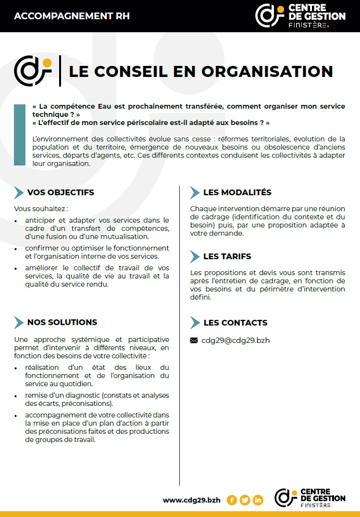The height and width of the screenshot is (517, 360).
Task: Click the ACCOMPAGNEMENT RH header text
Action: coord(72,16)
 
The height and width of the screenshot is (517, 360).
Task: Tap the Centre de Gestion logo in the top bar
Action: coord(300,15)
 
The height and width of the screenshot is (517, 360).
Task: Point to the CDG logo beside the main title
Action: coord(33,70)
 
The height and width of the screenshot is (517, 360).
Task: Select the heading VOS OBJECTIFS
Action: coord(61,192)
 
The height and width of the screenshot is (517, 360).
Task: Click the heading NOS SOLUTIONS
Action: coord(62,322)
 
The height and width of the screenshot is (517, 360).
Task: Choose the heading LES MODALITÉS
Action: coord(237,192)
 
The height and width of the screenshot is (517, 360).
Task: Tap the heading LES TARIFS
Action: coord(227,256)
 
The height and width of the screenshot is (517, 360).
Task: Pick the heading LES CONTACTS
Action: coord(235,323)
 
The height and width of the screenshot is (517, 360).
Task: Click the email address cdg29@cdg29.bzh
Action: coord(236,340)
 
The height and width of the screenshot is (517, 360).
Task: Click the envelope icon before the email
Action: coord(194,340)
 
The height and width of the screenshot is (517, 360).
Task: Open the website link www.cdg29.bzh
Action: coord(191,500)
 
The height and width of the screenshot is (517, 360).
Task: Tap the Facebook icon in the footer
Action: coord(232,500)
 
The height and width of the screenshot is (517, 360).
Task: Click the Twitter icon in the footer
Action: coord(245,500)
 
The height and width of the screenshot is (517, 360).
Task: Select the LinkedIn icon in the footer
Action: coord(258,500)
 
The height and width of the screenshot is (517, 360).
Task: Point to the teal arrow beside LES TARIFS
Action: coord(195,256)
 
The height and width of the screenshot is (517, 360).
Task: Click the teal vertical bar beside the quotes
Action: coord(20,135)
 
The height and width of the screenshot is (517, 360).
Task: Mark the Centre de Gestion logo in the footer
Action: coord(310,497)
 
